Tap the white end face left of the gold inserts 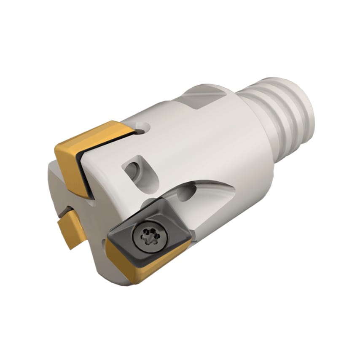point(53,177)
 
